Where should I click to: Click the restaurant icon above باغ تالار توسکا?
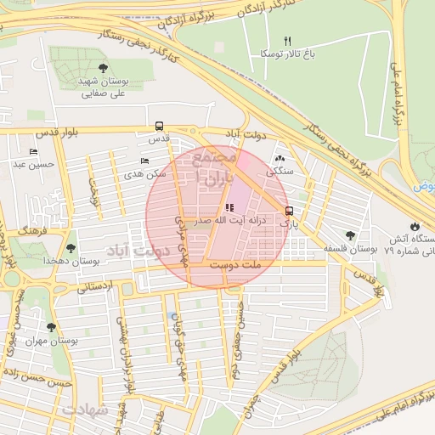(287, 41)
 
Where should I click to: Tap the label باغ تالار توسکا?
(286, 54)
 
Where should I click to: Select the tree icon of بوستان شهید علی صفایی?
(103, 68)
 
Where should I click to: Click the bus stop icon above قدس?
(159, 126)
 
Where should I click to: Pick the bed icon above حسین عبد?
(33, 152)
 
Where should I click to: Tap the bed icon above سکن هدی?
(144, 161)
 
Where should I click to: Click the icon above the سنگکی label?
(280, 158)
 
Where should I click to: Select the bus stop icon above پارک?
(290, 211)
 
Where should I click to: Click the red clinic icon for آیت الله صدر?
(229, 207)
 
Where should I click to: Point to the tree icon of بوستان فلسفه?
(350, 235)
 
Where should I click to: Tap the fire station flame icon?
(414, 227)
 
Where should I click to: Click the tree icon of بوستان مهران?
(51, 327)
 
